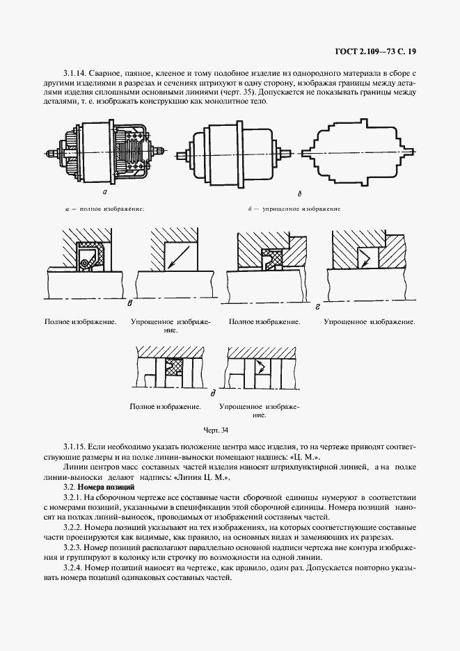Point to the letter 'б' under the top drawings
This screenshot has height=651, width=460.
299,195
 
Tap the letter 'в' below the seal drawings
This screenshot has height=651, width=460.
130,304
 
